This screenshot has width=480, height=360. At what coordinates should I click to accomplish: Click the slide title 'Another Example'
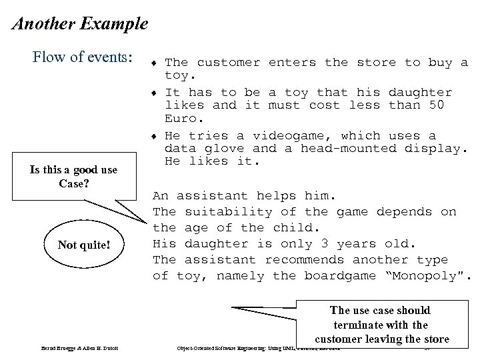pos(80,25)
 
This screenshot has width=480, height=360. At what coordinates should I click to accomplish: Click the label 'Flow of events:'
pos(82,57)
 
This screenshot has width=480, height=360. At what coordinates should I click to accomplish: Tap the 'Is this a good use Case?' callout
pos(73,176)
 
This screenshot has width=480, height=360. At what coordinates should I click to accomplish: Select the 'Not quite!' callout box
pos(83,245)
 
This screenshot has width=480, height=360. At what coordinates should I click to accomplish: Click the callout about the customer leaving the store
pos(381,325)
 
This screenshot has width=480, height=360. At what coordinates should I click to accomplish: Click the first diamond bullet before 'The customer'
pos(155,63)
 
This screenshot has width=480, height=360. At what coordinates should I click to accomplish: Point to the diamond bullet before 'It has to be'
pos(155,93)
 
